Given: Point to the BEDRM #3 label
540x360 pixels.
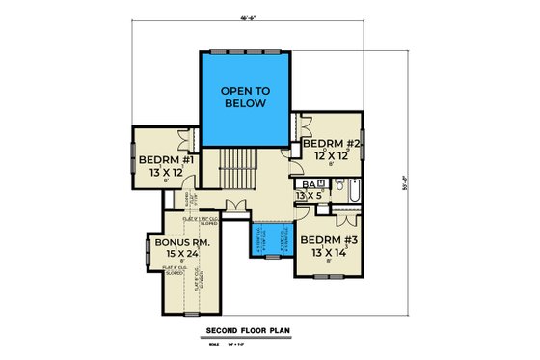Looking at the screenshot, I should (328, 239).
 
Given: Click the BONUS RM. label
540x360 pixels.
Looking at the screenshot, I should (175, 243).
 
